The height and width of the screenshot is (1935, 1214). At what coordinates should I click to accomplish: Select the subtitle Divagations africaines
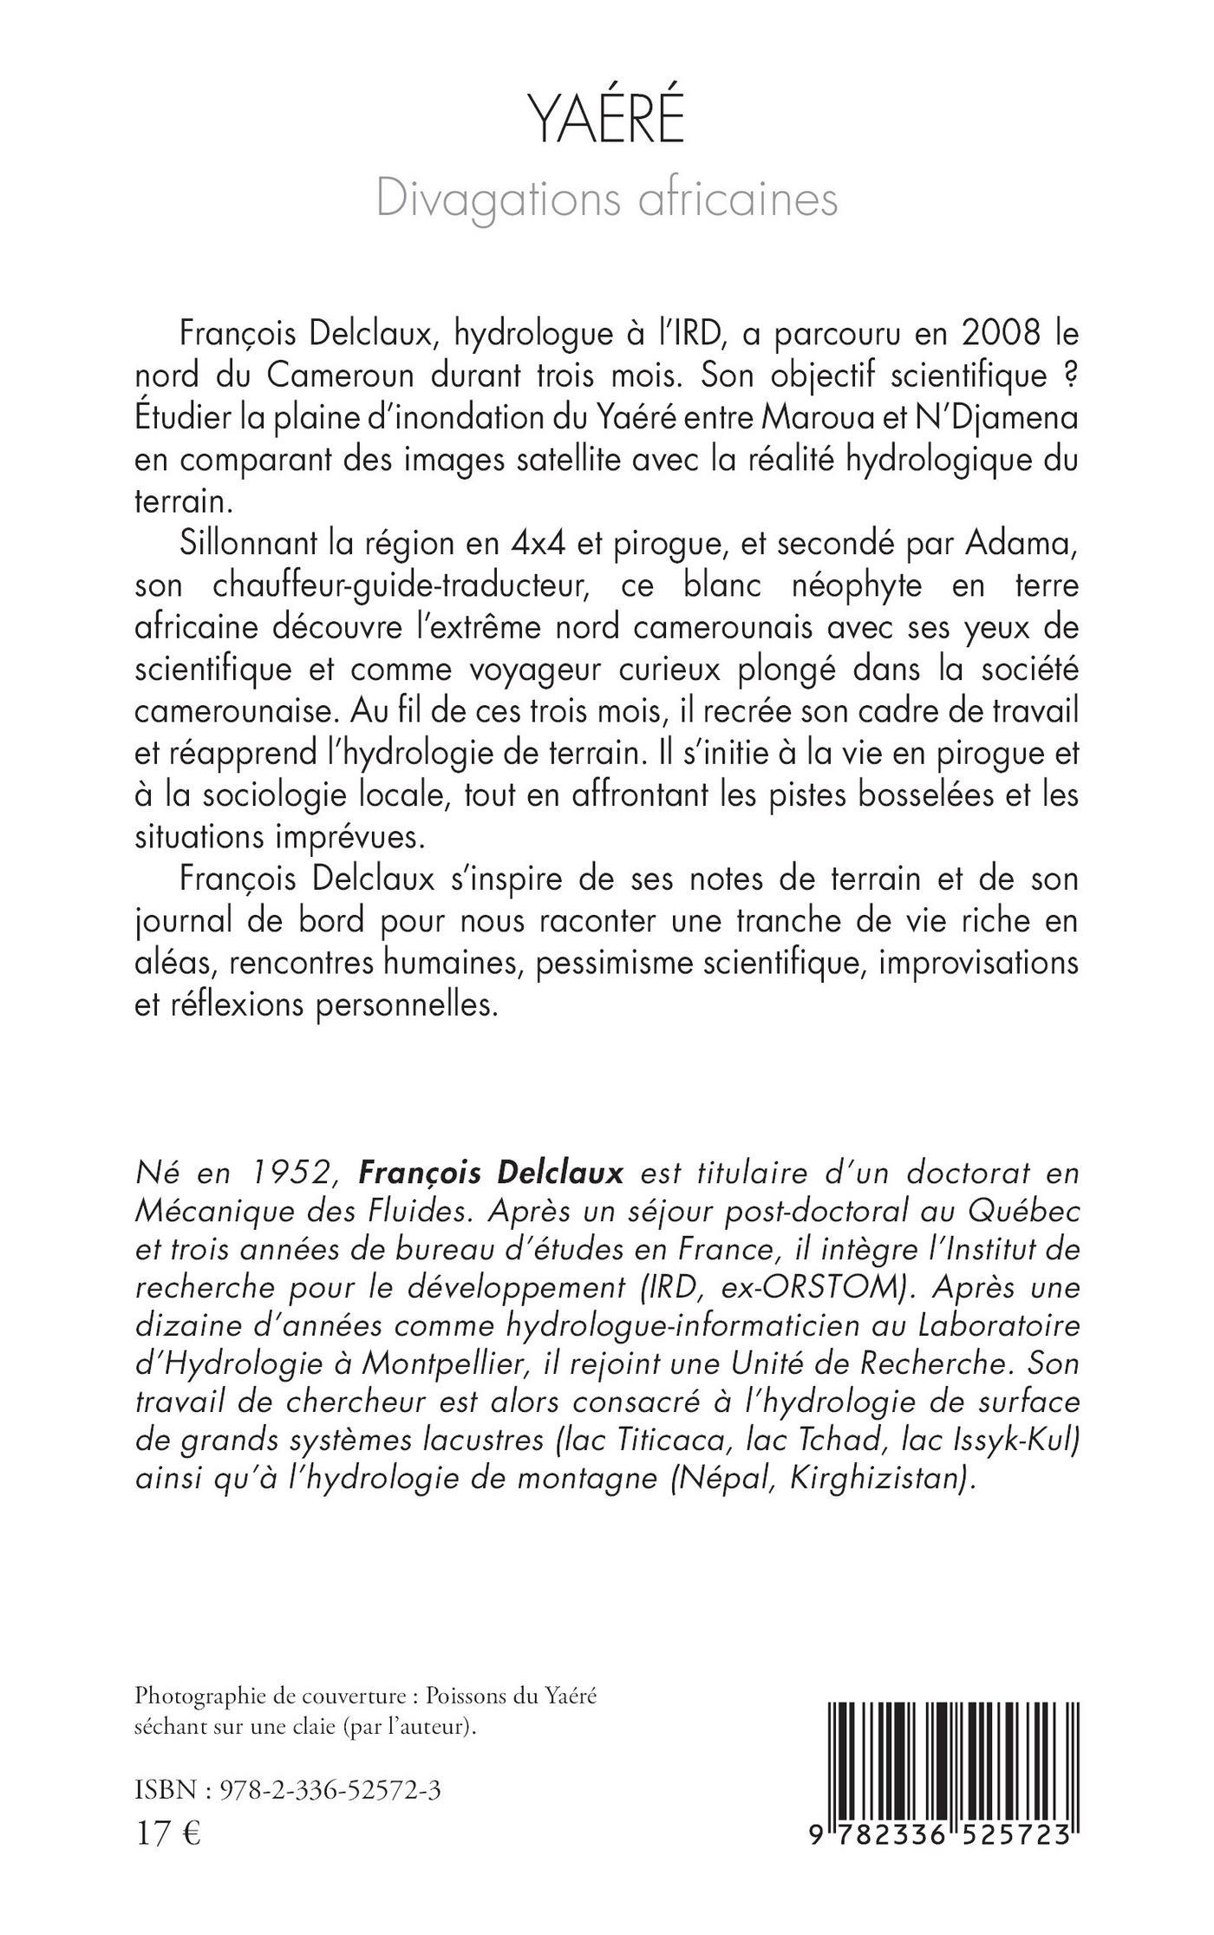click(607, 199)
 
